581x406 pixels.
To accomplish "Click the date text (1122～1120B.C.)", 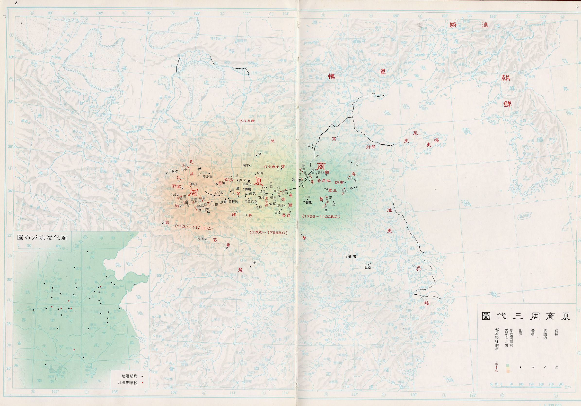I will pyautogui.click(x=194, y=228).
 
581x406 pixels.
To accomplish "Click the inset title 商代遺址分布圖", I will pyautogui.click(x=42, y=238).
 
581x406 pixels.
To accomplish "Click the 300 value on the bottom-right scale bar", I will pyautogui.click(x=561, y=391).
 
